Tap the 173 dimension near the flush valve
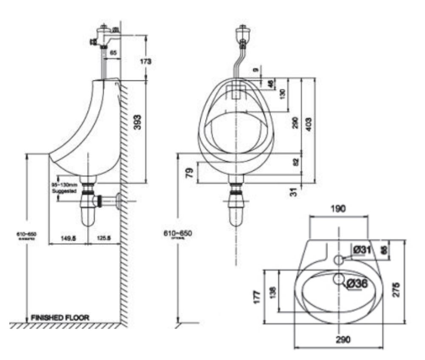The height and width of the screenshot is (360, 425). coord(146,61)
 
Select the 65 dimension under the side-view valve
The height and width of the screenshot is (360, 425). coord(113,53)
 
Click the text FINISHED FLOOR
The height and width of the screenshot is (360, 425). coord(60,317)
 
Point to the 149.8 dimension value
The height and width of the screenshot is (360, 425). coord(68,239)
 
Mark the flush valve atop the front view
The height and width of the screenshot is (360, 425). coord(243,34)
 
